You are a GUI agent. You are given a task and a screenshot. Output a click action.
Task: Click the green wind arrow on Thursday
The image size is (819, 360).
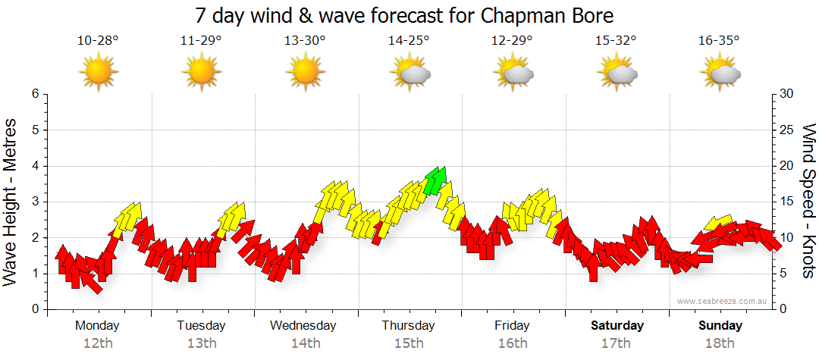pyautogui.click(x=435, y=181)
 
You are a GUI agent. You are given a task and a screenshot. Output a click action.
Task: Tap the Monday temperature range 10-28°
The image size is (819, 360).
pyautogui.click(x=98, y=41)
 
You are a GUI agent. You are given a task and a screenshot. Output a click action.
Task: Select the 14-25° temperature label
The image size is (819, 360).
pyautogui.click(x=409, y=41)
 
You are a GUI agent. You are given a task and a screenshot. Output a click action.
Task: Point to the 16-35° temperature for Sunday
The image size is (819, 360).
pyautogui.click(x=719, y=41)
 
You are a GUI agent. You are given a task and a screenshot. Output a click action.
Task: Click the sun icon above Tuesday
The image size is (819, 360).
pyautogui.click(x=202, y=72)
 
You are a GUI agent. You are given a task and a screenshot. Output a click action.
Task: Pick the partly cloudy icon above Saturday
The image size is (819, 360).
pyautogui.click(x=617, y=73)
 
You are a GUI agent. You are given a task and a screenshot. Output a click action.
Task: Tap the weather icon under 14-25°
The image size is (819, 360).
pyautogui.click(x=410, y=73)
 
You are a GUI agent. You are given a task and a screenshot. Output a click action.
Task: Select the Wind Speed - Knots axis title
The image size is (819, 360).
pyautogui.click(x=808, y=201)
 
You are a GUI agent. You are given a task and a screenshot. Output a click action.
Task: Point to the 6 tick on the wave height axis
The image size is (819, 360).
pyautogui.click(x=34, y=94)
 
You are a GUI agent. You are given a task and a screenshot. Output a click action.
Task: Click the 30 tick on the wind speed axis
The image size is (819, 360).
pyautogui.click(x=786, y=94)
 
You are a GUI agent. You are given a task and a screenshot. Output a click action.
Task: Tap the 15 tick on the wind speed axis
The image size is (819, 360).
pyautogui.click(x=786, y=202)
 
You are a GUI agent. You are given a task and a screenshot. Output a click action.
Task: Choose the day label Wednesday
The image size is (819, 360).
pyautogui.click(x=303, y=326)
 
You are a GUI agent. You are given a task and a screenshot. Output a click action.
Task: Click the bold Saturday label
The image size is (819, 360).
pyautogui.click(x=617, y=326)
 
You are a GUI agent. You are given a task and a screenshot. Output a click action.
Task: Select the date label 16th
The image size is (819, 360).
pyautogui.click(x=513, y=343)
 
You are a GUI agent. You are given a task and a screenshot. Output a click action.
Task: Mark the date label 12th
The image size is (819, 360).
pyautogui.click(x=98, y=343)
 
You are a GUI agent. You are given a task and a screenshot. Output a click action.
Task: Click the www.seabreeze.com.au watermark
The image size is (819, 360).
pyautogui.click(x=723, y=301)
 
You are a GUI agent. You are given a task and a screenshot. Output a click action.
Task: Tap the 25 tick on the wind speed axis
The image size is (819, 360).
pyautogui.click(x=786, y=130)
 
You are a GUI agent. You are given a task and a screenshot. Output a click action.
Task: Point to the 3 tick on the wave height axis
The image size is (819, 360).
pyautogui.click(x=34, y=202)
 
